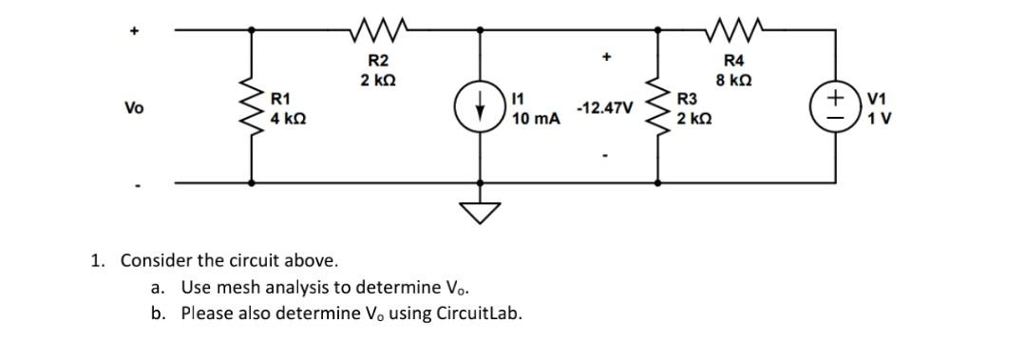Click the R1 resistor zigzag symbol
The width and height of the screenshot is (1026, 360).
[252, 107]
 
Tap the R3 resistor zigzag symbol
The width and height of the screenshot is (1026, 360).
[656, 107]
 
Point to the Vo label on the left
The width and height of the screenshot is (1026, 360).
[134, 108]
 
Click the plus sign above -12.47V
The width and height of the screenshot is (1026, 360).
[603, 58]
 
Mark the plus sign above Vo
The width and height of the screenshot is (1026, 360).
[134, 29]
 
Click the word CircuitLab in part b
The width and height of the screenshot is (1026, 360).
[479, 313]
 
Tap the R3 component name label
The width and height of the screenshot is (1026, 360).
[686, 98]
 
